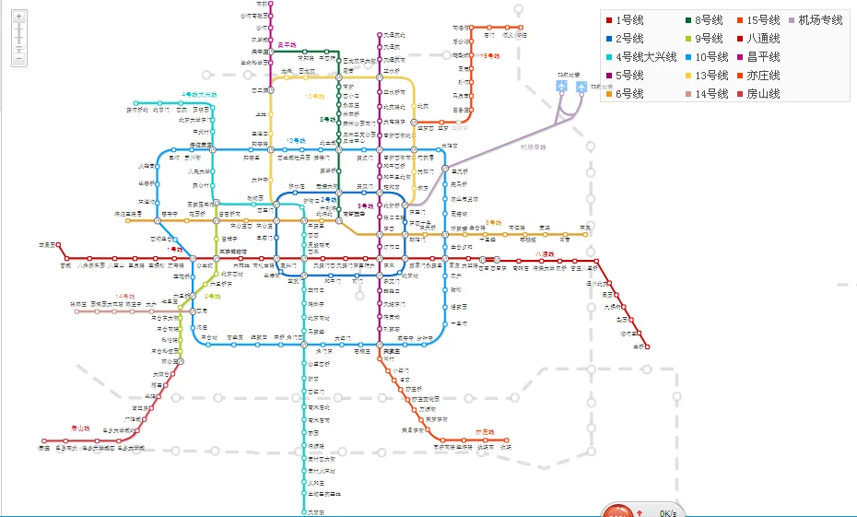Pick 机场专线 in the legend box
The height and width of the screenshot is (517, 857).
(819, 20)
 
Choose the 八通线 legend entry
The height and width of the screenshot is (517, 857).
(762, 39)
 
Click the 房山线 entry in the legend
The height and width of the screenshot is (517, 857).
(762, 94)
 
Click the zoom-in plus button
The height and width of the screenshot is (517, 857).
(18, 17)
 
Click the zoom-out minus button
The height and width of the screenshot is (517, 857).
(18, 59)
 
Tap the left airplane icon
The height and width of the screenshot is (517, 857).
(562, 87)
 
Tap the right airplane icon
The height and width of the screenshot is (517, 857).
(581, 87)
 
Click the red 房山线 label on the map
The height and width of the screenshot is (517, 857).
(81, 428)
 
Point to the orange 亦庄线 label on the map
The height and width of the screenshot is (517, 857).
(485, 431)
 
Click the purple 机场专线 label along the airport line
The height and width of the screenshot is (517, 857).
(533, 147)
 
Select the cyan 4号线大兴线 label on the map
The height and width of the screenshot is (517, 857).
(199, 94)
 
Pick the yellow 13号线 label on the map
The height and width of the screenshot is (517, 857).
(315, 96)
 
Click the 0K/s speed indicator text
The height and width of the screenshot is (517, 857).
(668, 512)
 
